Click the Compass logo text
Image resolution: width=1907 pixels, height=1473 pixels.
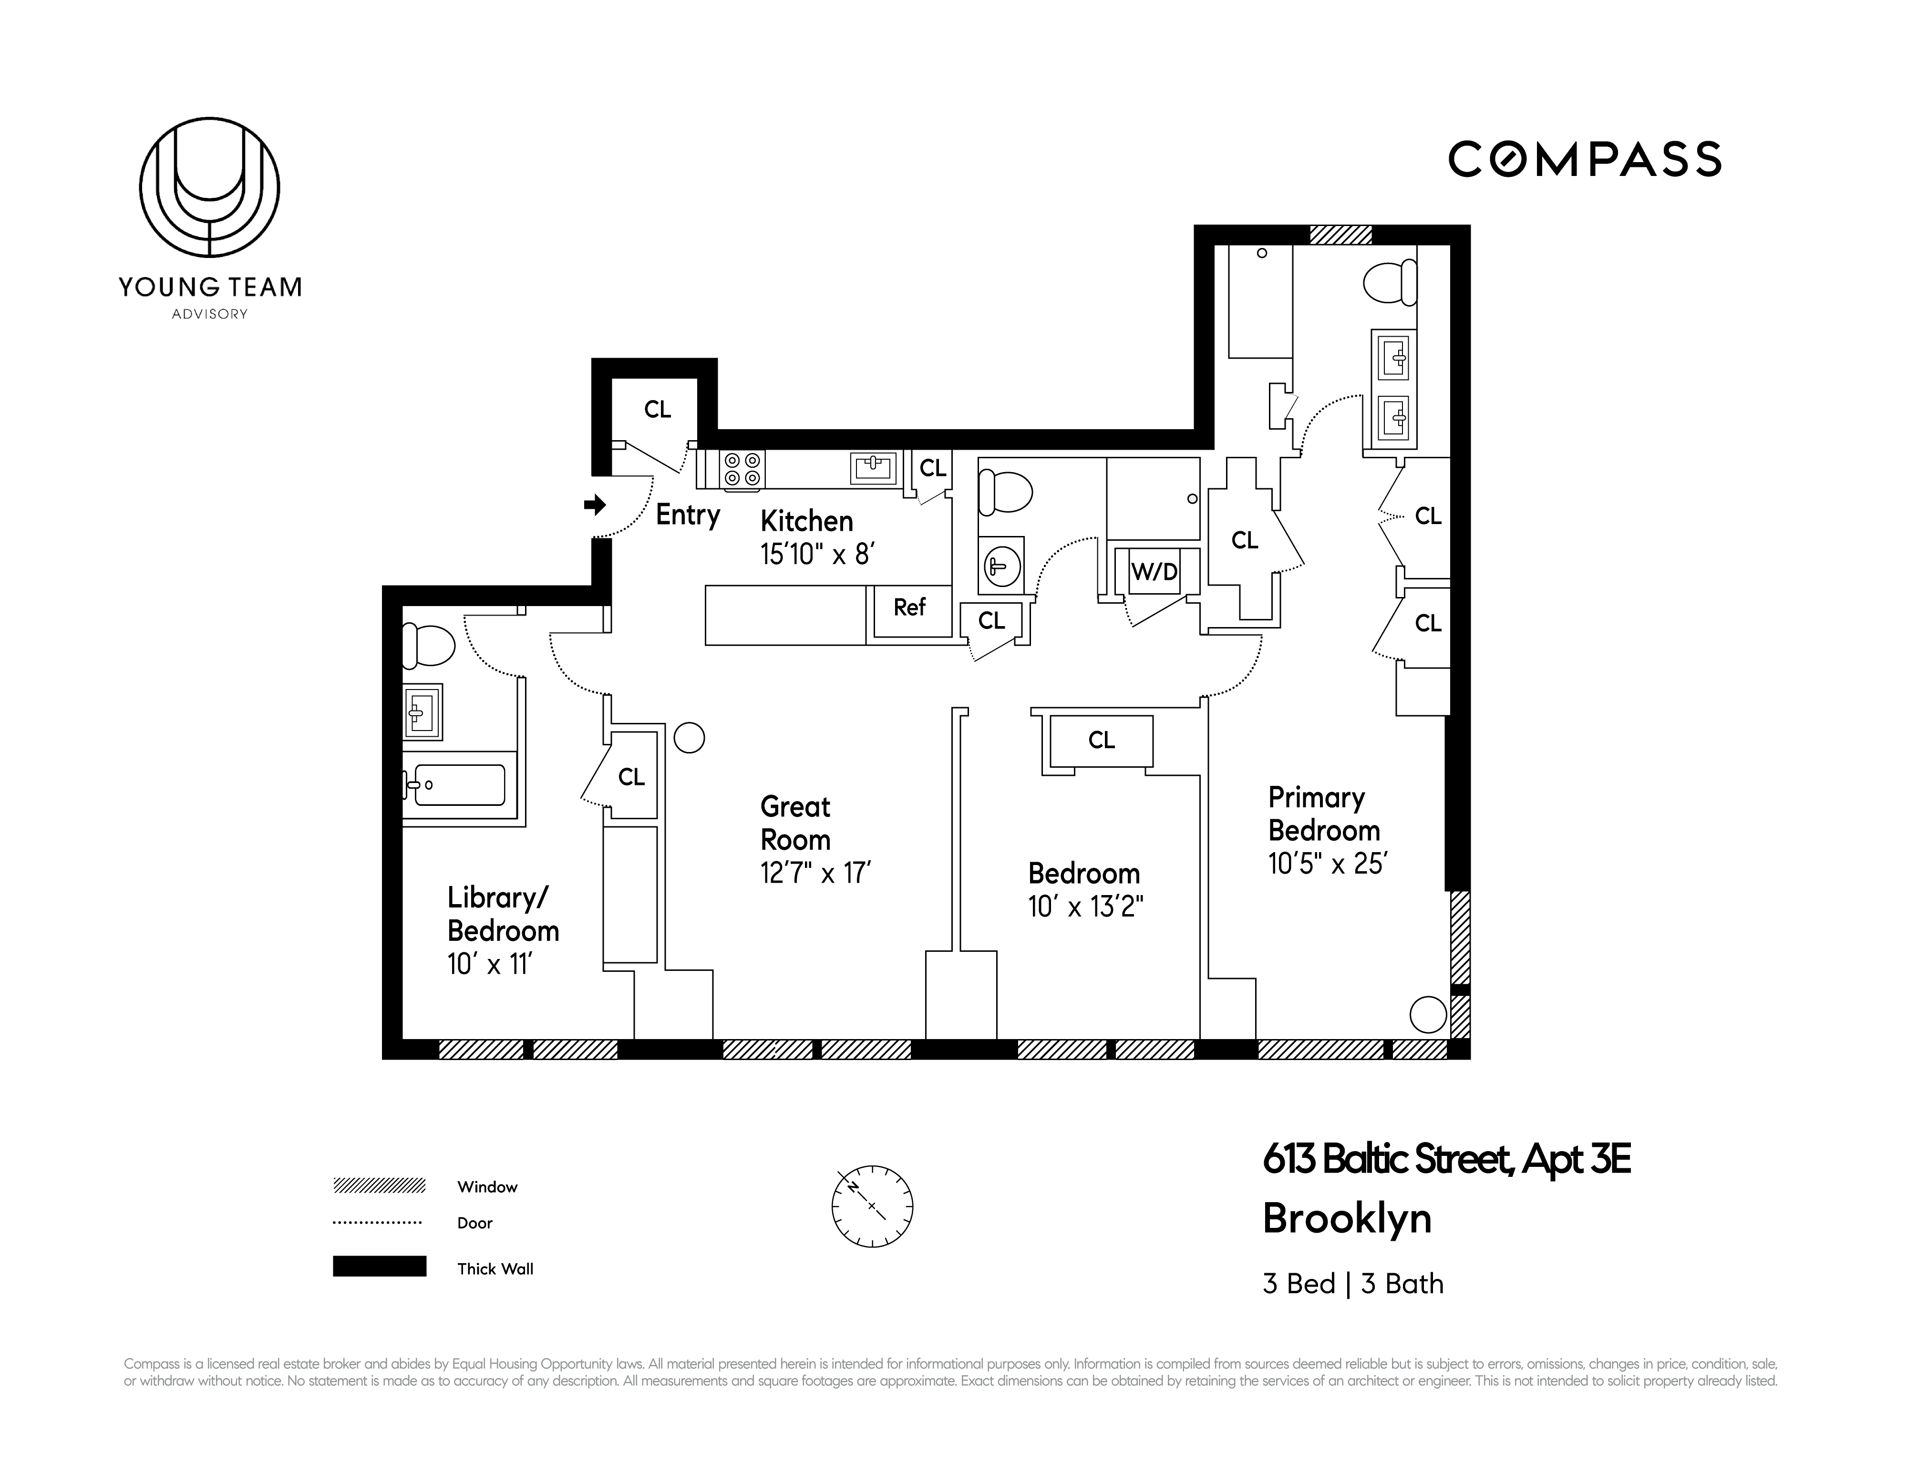point(1584,160)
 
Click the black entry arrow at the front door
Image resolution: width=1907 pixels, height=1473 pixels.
point(595,505)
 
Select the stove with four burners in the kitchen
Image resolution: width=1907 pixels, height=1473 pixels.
point(742,469)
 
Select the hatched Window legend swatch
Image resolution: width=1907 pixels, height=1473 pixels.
point(379,1186)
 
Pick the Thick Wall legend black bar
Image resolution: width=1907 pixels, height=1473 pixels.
point(379,1266)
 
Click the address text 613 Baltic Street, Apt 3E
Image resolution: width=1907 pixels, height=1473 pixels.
point(1446,1160)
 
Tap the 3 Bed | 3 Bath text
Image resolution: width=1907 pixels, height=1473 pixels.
point(1352,1284)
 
